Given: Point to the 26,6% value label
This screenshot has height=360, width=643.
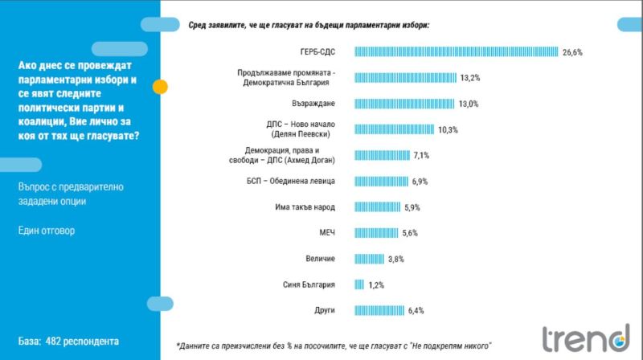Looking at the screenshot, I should point(572,52).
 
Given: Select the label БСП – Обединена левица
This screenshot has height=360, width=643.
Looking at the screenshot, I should point(294,182).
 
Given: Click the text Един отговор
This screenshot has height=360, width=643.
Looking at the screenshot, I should point(46,231).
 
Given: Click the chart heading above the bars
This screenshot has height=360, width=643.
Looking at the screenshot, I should point(309,25).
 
